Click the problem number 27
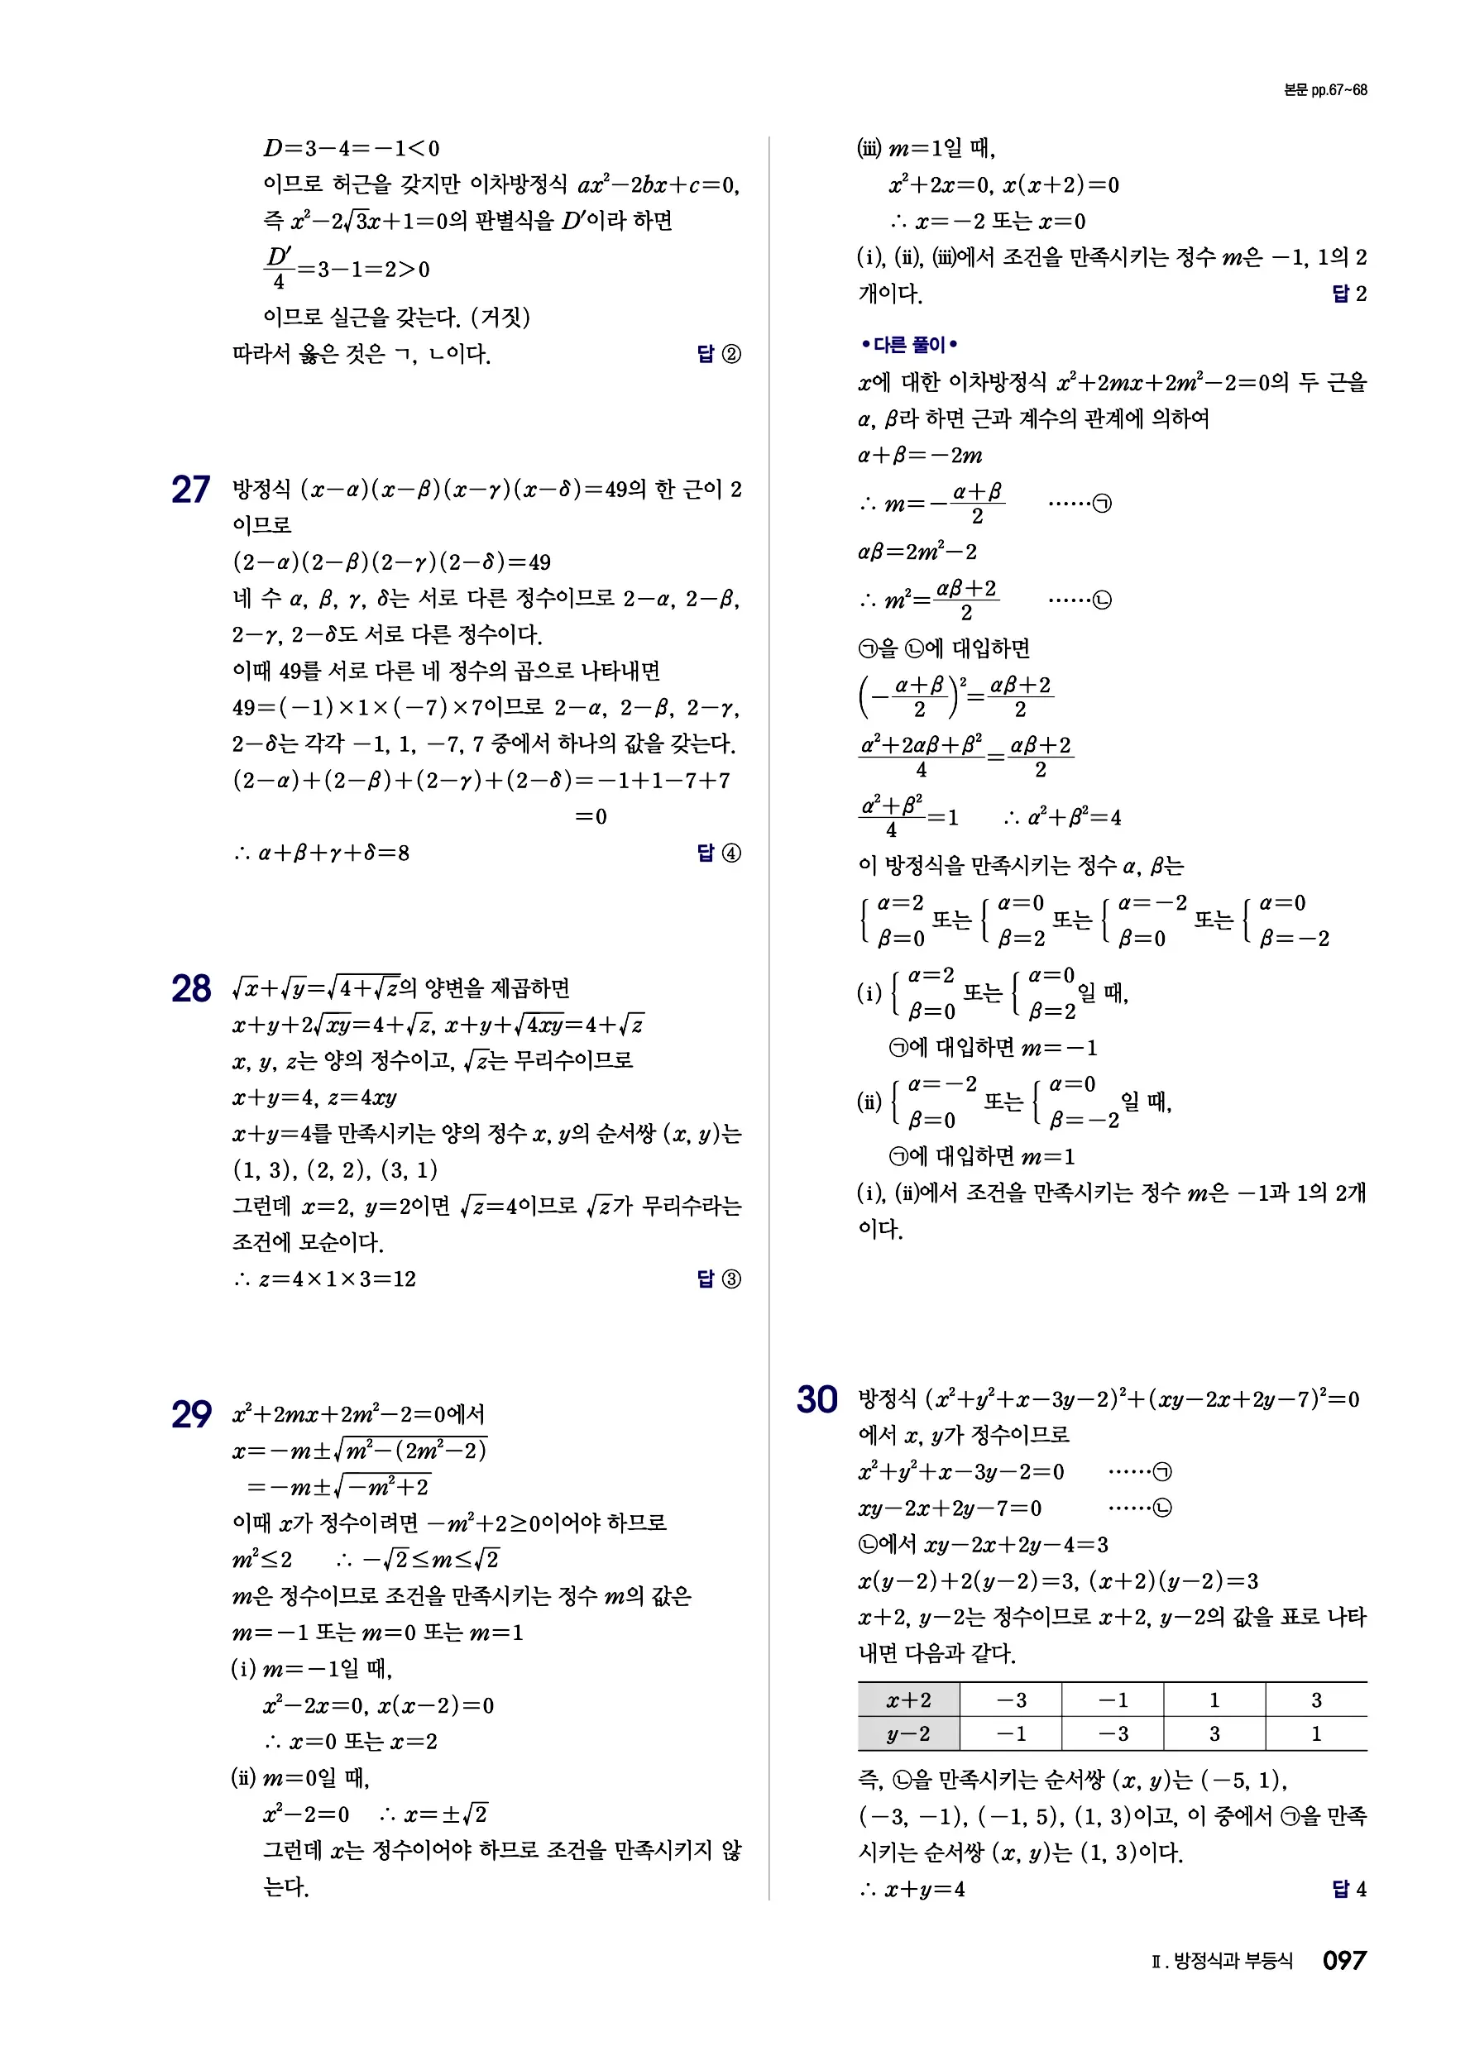pos(190,490)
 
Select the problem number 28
pos(190,989)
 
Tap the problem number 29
pos(191,1415)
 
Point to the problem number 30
pos(816,1400)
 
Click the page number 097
pos(1343,1961)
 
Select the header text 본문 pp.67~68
pos(1324,90)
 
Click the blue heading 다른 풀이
pos(908,345)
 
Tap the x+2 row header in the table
pos(908,1700)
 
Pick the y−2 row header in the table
pos(908,1733)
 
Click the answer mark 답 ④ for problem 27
pos(719,853)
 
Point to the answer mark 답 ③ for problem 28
pos(719,1279)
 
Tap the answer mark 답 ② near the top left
pos(719,354)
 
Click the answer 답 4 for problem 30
pos(1348,1889)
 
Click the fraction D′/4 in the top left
pos(278,270)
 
